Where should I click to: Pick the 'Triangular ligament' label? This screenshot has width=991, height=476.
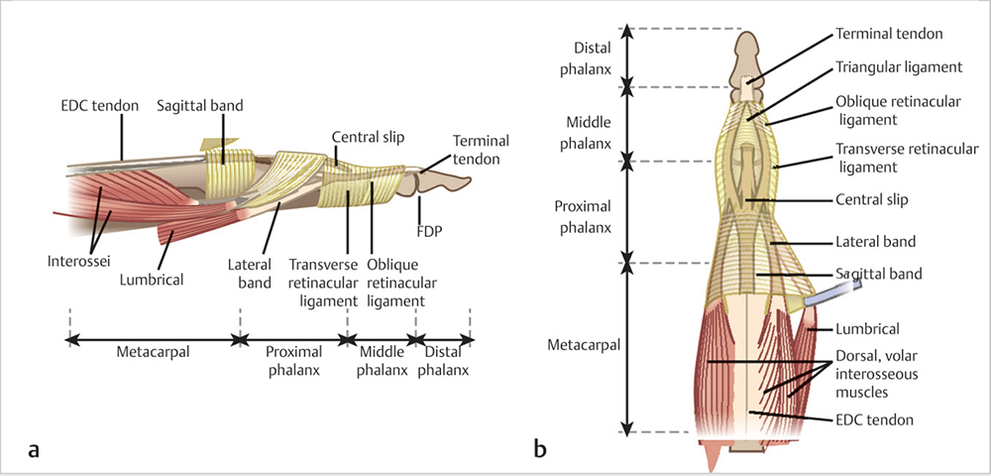pyautogui.click(x=900, y=67)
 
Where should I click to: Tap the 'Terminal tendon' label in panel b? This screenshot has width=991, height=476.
pyautogui.click(x=889, y=33)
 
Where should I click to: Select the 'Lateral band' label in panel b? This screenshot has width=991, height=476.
pyautogui.click(x=875, y=241)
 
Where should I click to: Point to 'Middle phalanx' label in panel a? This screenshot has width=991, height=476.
pyautogui.click(x=379, y=362)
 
